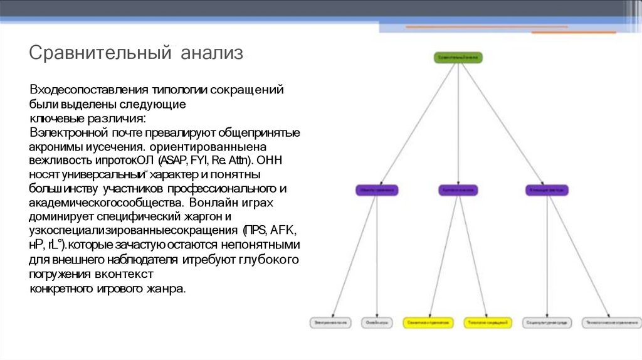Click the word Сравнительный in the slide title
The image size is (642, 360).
tap(100, 53)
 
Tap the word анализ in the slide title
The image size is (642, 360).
tap(212, 53)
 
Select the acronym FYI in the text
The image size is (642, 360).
tap(208, 159)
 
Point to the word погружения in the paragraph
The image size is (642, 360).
tap(60, 274)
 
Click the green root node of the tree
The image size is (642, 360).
tap(458, 57)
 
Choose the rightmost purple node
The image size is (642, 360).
tap(547, 189)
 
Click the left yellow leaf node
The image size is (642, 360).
tap(429, 322)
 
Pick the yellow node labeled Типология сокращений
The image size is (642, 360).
tap(487, 322)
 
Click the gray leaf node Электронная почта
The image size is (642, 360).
tap(331, 322)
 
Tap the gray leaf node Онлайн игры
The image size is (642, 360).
tap(376, 322)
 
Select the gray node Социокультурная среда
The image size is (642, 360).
tap(547, 322)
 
